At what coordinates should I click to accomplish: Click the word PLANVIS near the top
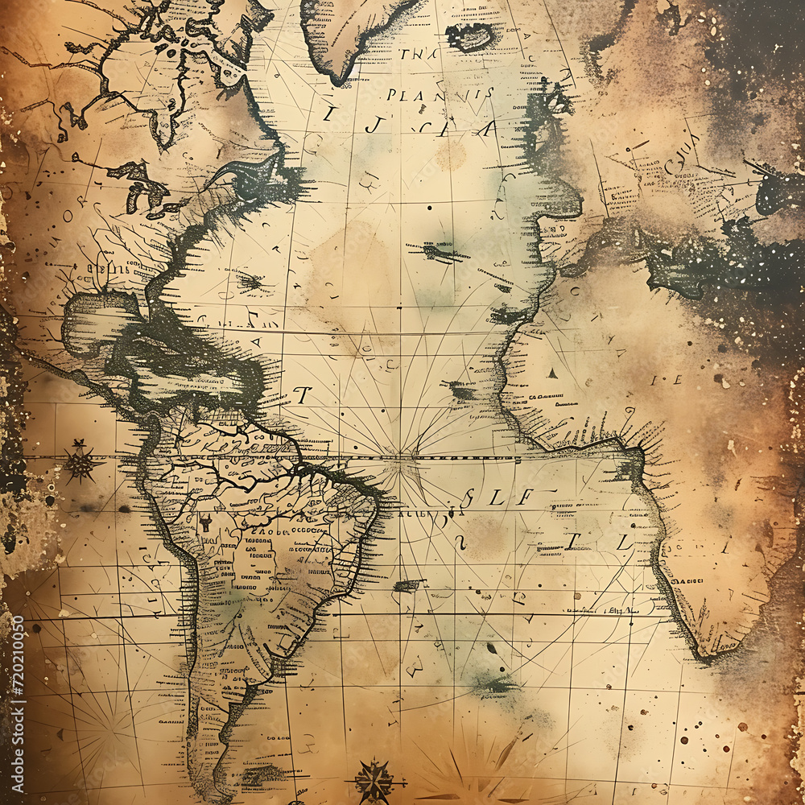(x=440, y=94)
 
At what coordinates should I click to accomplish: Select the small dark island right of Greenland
(x=471, y=36)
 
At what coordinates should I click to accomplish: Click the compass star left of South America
(x=80, y=462)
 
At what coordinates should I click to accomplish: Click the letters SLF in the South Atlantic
(x=497, y=497)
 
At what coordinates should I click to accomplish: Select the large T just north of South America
(x=302, y=394)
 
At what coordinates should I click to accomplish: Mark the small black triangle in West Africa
(x=553, y=373)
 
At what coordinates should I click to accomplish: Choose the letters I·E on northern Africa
(x=665, y=379)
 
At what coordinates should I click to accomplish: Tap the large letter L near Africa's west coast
(x=624, y=543)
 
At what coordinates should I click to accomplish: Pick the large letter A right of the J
(x=490, y=129)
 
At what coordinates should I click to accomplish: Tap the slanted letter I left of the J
(x=328, y=114)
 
